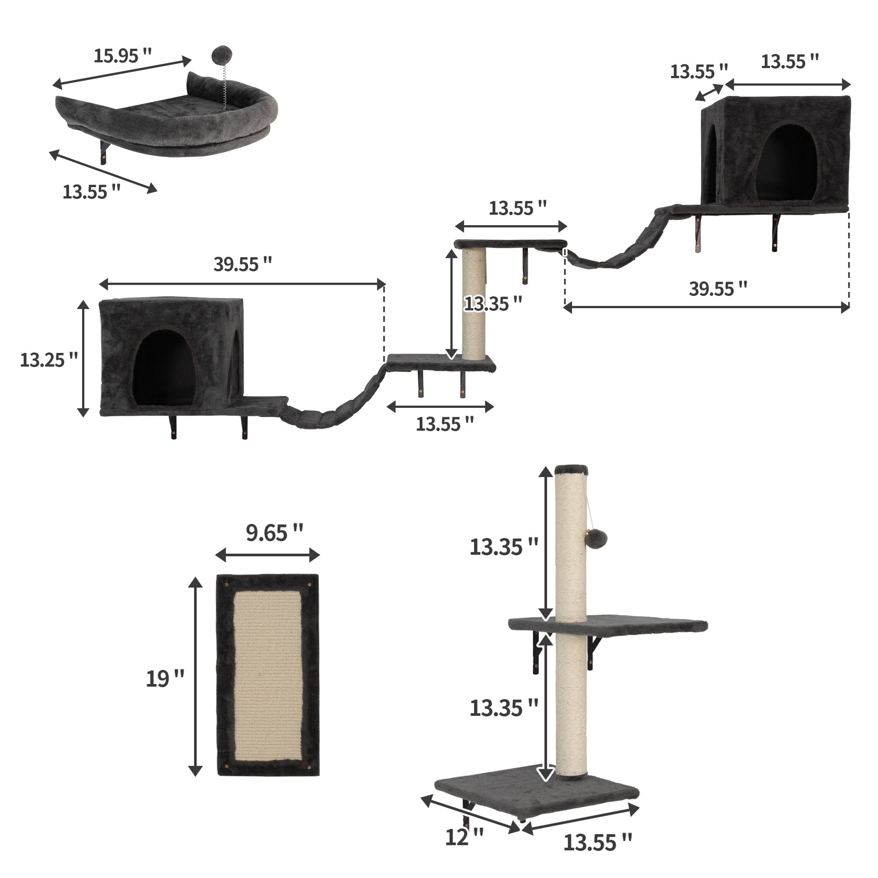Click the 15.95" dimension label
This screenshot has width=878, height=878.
click(x=122, y=56)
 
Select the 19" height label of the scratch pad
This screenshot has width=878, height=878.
click(x=165, y=679)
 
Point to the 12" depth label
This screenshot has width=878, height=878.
click(x=464, y=837)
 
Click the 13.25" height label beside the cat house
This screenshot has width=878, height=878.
click(x=49, y=360)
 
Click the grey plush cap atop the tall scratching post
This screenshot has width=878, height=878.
click(x=571, y=469)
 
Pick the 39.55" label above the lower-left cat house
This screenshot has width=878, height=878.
click(x=242, y=264)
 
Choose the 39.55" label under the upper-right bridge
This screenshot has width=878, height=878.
click(x=717, y=289)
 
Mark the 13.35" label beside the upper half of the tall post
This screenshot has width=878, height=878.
click(x=503, y=547)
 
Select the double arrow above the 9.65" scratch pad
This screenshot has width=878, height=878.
click(x=267, y=555)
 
